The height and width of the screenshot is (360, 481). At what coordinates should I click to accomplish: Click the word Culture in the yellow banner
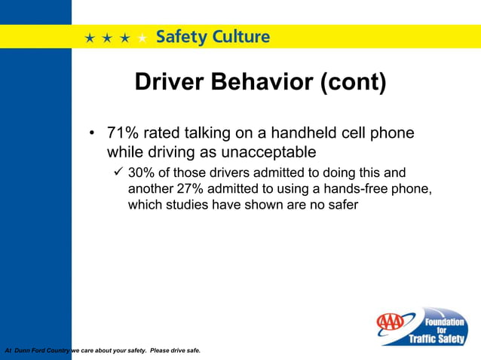point(242,36)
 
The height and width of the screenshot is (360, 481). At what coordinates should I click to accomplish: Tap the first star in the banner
point(90,38)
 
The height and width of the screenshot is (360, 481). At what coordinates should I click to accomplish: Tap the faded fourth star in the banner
point(142,38)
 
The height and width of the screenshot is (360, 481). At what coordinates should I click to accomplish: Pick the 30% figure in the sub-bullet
point(141,172)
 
